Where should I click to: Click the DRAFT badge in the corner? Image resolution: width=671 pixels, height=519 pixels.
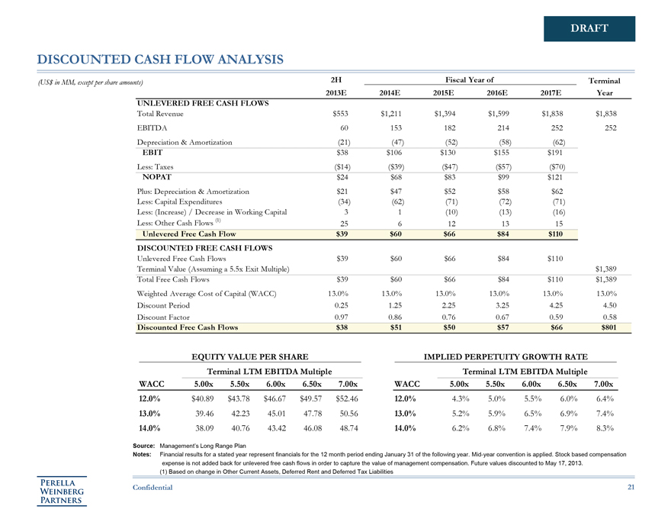click(589, 29)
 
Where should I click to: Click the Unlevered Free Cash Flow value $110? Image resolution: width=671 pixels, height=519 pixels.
click(550, 233)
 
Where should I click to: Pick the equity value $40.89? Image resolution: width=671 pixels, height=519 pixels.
click(202, 398)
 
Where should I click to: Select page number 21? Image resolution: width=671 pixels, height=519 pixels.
click(631, 488)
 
